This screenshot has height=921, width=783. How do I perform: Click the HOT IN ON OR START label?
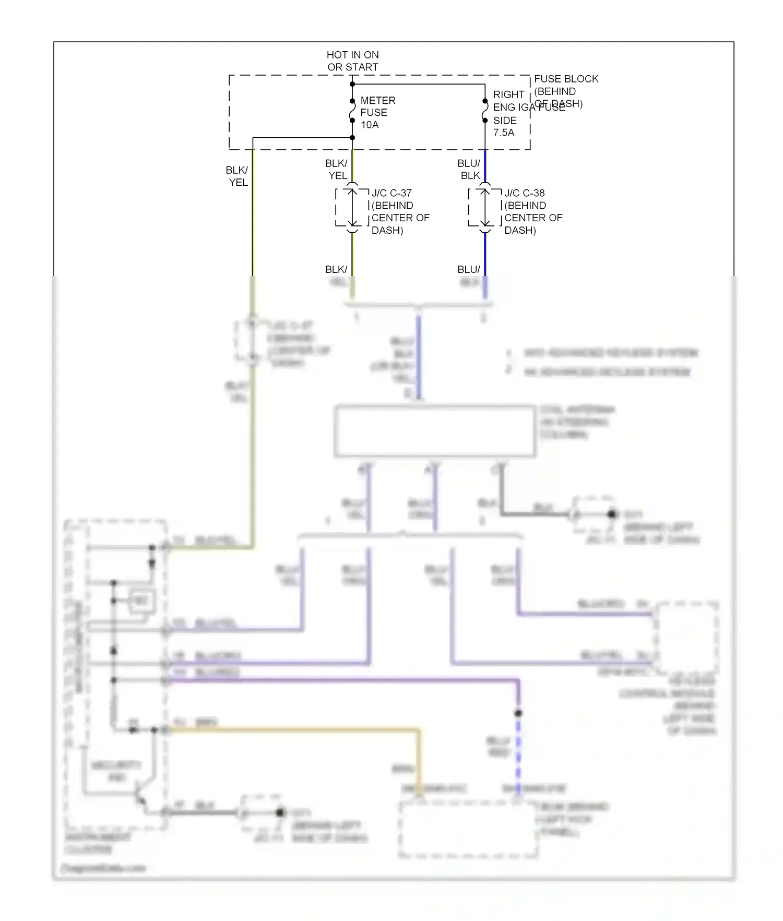(x=352, y=61)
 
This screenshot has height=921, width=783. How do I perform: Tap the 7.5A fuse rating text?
(x=503, y=133)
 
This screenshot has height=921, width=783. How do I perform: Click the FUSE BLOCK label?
(x=566, y=79)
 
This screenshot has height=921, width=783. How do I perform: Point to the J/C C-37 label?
(x=391, y=193)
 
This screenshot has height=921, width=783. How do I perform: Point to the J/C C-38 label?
(x=524, y=193)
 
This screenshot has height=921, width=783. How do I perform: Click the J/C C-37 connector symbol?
(x=352, y=208)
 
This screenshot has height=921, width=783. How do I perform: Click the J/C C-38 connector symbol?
(x=485, y=208)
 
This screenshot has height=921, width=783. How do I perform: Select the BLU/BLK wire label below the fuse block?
(x=469, y=170)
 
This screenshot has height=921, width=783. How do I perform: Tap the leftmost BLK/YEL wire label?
(x=237, y=176)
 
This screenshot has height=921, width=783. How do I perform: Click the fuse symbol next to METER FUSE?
(x=352, y=111)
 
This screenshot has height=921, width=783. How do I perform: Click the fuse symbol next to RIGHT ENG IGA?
(x=485, y=111)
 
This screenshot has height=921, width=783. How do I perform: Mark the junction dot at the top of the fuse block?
(x=352, y=84)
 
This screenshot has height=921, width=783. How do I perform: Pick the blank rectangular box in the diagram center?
(x=435, y=431)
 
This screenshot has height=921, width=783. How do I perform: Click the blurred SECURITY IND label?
(x=116, y=771)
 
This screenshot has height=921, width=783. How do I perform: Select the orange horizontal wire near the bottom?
(x=292, y=729)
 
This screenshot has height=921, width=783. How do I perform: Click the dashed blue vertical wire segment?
(x=518, y=751)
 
